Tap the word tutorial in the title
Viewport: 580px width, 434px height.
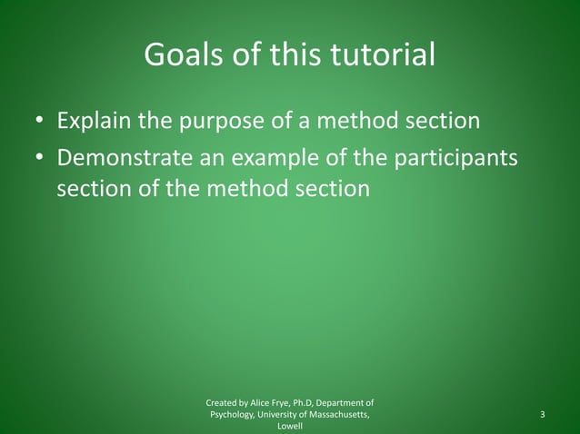pos(385,56)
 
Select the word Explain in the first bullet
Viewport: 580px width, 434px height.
pos(93,121)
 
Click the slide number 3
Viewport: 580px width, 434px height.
pos(542,415)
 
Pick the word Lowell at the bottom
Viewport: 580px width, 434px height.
pos(290,428)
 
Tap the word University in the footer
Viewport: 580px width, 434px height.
pos(283,415)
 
